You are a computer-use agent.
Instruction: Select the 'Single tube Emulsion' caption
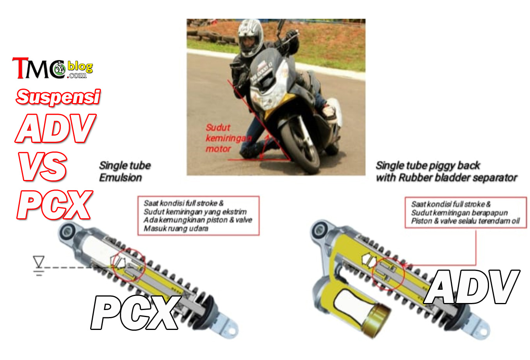tap(125, 171)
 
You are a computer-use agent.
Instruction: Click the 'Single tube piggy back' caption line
tap(428, 166)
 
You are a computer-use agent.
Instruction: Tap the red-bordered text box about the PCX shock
tap(199, 216)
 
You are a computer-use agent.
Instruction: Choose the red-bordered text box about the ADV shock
tap(466, 212)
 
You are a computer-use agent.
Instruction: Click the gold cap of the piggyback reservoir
tap(377, 320)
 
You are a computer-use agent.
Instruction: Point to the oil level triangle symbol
tap(39, 261)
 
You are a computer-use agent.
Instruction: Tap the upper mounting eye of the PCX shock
tap(68, 232)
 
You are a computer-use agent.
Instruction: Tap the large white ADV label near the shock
tap(471, 287)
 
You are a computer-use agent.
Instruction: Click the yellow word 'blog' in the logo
tap(80, 66)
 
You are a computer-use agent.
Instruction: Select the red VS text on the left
tap(43, 166)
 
